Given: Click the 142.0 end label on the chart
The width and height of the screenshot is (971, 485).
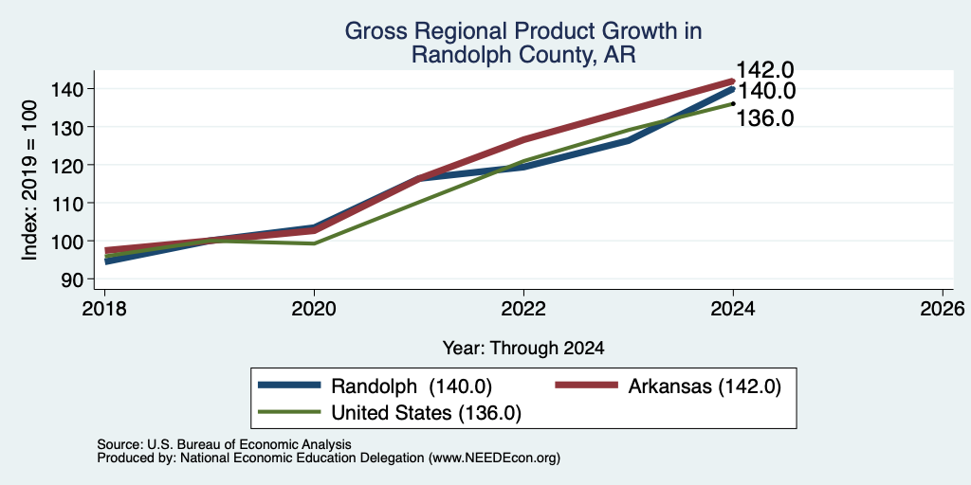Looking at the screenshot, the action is [x=765, y=70].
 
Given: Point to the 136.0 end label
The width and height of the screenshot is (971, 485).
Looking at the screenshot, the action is [x=765, y=118].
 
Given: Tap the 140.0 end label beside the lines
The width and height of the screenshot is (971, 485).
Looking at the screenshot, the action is [x=766, y=92].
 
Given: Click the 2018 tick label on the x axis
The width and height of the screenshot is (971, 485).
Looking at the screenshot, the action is [x=104, y=308].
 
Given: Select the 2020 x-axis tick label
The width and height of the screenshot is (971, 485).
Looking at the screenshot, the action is [x=314, y=308].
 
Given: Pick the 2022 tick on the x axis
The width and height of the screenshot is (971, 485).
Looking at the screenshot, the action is [x=523, y=308].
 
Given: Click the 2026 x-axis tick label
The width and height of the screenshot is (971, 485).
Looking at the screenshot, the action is [x=943, y=308].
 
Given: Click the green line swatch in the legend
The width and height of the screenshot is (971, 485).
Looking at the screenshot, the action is [x=290, y=412].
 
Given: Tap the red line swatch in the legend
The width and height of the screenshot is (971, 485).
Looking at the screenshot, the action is [x=586, y=386].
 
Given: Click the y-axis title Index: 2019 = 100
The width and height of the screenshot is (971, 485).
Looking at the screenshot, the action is [x=29, y=180].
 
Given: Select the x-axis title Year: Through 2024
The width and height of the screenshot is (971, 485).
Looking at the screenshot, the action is [x=523, y=349].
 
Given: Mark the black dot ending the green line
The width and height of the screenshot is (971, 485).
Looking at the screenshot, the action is [x=733, y=103].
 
